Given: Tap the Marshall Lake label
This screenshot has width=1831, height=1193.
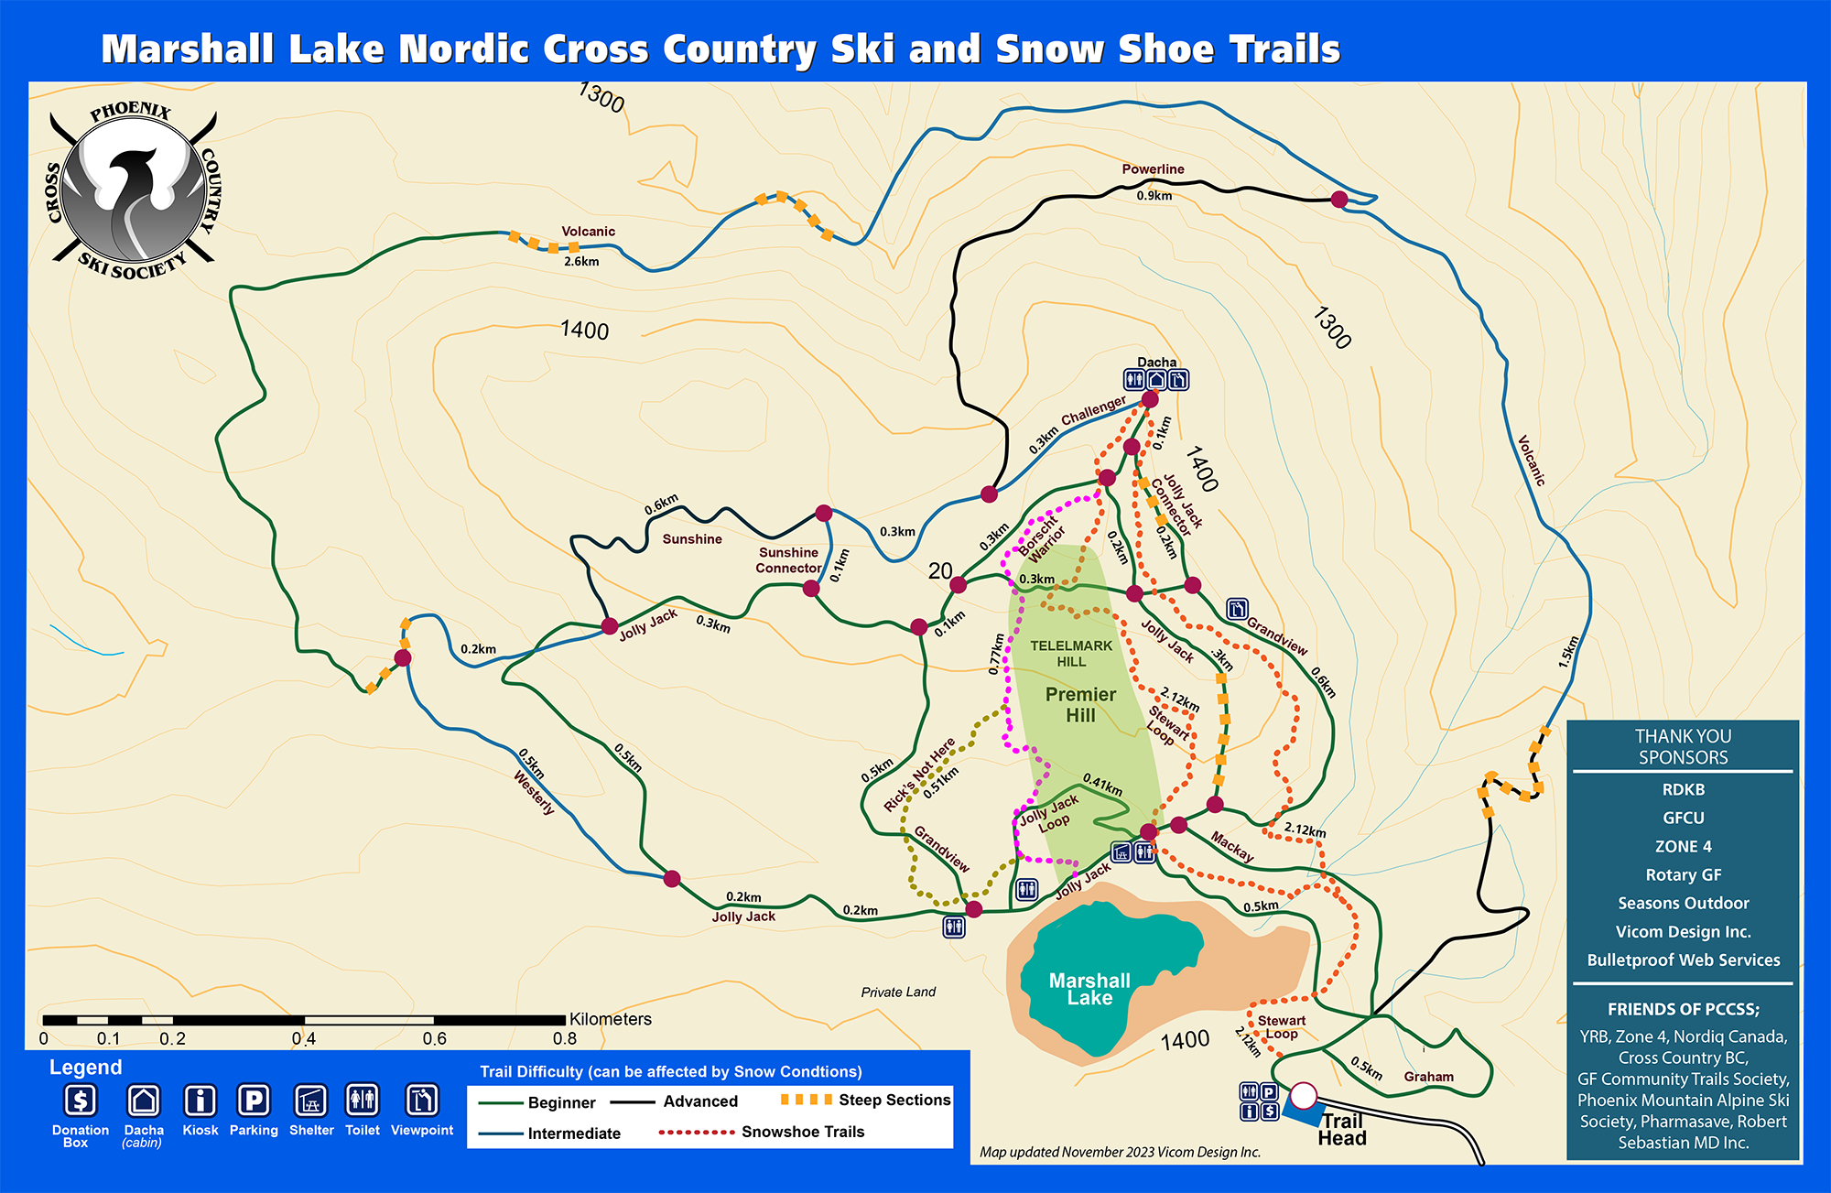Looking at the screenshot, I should click(1089, 989).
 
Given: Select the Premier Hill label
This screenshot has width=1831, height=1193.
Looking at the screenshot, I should click(1080, 705).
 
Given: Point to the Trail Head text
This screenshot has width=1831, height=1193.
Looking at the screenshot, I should click(1342, 1130).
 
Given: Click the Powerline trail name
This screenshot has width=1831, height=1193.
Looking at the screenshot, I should click(1153, 169).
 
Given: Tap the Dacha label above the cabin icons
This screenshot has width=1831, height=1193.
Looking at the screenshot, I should click(1156, 363).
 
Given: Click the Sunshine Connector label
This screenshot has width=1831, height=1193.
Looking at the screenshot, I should click(788, 560).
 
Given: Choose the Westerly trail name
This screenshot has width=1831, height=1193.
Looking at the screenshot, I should click(534, 792).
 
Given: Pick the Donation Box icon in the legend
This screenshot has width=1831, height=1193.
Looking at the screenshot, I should click(81, 1100).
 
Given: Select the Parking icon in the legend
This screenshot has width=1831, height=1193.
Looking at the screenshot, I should click(254, 1100).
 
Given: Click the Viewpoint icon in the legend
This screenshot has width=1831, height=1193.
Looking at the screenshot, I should click(422, 1100).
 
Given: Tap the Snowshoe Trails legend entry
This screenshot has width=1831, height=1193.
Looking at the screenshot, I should click(802, 1132).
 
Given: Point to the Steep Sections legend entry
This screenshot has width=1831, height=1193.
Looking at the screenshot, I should click(894, 1100).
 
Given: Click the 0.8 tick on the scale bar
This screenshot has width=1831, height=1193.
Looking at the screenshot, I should click(565, 1038).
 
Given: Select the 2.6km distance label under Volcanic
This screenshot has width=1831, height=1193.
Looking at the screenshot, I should click(581, 262).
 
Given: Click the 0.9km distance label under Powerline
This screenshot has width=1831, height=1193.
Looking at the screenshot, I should click(1154, 196).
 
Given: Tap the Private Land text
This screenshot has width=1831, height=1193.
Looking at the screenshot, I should click(898, 992).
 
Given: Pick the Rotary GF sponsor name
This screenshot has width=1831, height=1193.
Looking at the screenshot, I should click(1683, 874).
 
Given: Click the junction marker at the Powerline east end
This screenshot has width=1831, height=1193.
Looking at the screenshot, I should click(1339, 200).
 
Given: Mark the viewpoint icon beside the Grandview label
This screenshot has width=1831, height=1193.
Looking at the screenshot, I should click(1237, 609).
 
